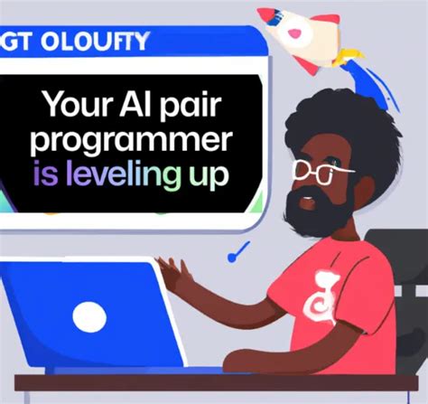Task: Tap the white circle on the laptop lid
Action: [x=90, y=316]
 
